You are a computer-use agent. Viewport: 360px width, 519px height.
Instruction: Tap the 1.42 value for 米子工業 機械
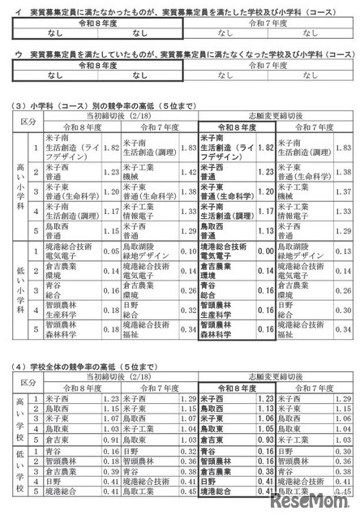click(x=188, y=171)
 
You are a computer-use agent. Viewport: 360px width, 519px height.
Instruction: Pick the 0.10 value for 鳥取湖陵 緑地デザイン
click(x=188, y=252)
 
